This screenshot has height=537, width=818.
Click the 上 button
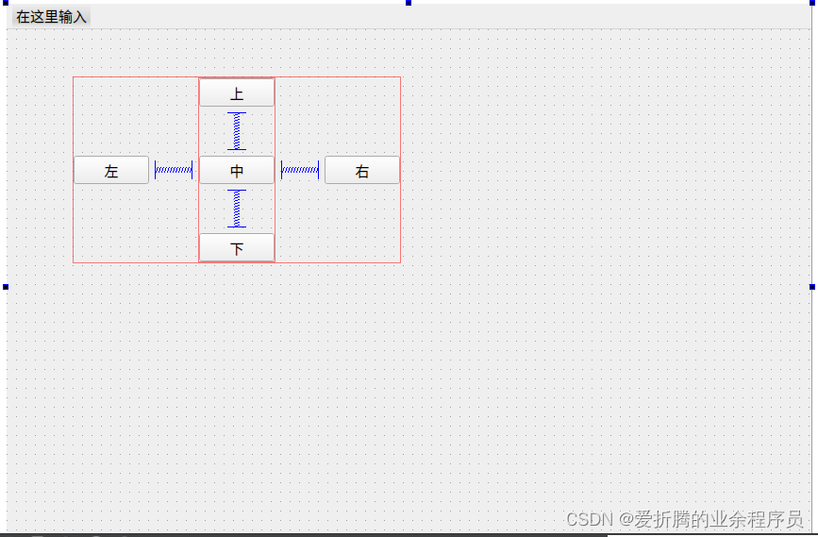tap(237, 93)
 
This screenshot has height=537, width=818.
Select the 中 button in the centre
tap(237, 171)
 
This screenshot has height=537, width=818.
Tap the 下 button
tap(237, 248)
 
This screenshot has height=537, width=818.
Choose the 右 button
tap(362, 171)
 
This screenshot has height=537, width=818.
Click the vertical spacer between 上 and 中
tap(237, 131)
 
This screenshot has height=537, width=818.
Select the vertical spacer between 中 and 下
tap(237, 209)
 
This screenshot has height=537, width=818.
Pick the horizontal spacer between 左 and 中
tap(174, 170)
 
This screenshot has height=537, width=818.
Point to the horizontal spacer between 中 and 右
tap(300, 170)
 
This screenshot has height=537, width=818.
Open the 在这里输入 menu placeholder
tap(51, 17)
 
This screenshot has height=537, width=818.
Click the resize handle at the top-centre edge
tap(409, 3)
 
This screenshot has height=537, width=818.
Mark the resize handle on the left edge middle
tap(5, 286)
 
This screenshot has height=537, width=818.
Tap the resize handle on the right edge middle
tap(812, 286)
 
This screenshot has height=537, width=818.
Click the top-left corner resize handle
tap(5, 3)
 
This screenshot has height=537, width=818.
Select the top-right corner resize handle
tap(812, 3)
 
